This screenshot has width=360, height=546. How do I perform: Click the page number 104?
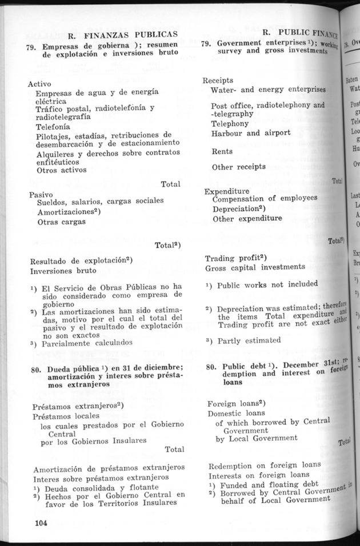(39, 523)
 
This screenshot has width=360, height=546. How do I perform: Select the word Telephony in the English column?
(230, 123)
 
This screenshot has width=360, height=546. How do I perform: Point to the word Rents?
(222, 152)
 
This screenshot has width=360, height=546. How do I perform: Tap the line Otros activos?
(61, 170)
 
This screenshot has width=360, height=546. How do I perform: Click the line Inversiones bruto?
(63, 270)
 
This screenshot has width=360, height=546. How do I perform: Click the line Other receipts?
(238, 167)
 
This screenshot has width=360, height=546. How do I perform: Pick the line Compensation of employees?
(265, 198)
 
